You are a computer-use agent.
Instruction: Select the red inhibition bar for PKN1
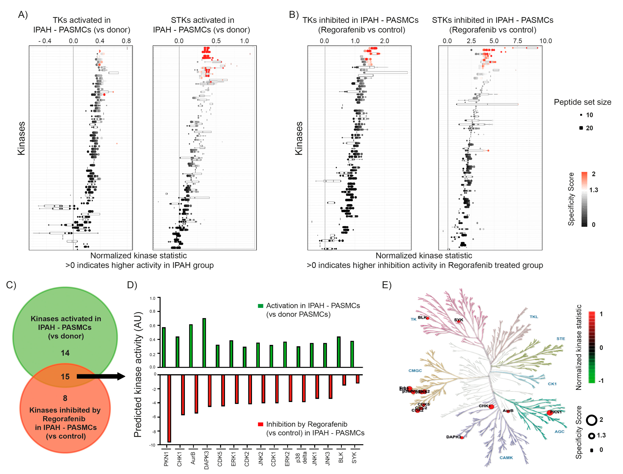169,408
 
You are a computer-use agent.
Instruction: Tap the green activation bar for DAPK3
204,343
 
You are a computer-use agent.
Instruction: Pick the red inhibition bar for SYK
357,379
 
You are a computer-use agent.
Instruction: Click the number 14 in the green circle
65,353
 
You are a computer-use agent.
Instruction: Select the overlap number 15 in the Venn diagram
65,376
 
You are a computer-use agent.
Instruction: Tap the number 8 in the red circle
65,398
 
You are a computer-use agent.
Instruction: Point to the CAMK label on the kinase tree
506,458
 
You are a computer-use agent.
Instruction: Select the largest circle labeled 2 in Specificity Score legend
591,420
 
